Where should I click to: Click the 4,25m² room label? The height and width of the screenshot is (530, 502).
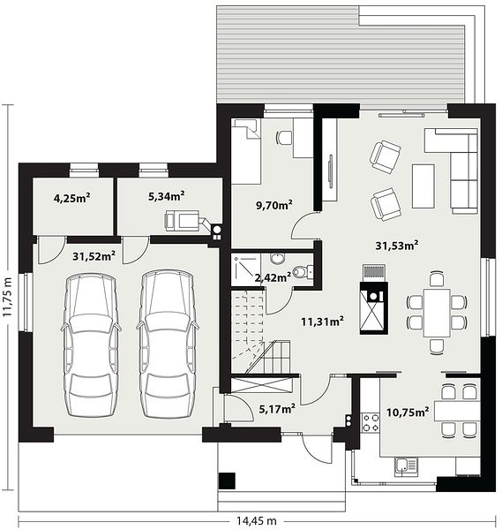pos(72,198)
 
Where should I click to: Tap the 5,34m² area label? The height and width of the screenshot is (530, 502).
pos(167,196)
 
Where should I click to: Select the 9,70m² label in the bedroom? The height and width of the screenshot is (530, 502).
pos(274,205)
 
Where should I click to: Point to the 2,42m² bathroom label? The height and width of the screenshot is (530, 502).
pos(273,278)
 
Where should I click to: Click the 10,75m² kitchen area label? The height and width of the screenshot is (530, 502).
pos(408,412)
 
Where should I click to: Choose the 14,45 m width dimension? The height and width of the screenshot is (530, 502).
pos(256,521)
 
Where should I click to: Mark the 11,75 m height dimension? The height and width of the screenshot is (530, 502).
pos(7,297)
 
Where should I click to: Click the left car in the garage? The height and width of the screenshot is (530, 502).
pos(91,345)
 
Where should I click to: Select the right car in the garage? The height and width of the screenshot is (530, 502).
pos(168,344)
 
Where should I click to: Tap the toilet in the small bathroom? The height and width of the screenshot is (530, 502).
pos(302,272)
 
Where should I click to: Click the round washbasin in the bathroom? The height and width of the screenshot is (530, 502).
pos(278,259)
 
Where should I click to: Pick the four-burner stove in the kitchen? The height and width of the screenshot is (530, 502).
pos(371,423)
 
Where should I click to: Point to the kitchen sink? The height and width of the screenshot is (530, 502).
pos(405,466)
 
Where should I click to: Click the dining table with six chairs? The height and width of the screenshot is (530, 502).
pos(437,313)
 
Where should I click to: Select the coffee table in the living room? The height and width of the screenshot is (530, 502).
pos(423,185)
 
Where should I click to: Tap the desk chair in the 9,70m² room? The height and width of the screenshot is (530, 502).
pos(284,137)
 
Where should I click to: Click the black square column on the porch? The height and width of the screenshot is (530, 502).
pos(227,481)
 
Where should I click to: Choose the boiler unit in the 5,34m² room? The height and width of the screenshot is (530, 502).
pos(183,221)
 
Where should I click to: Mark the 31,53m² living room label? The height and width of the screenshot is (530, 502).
pos(397,246)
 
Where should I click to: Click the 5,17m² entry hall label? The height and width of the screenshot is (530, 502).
pos(277,409)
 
